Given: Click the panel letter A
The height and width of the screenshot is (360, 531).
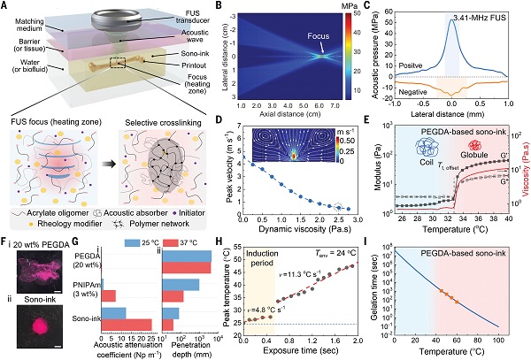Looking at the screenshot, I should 5,6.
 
